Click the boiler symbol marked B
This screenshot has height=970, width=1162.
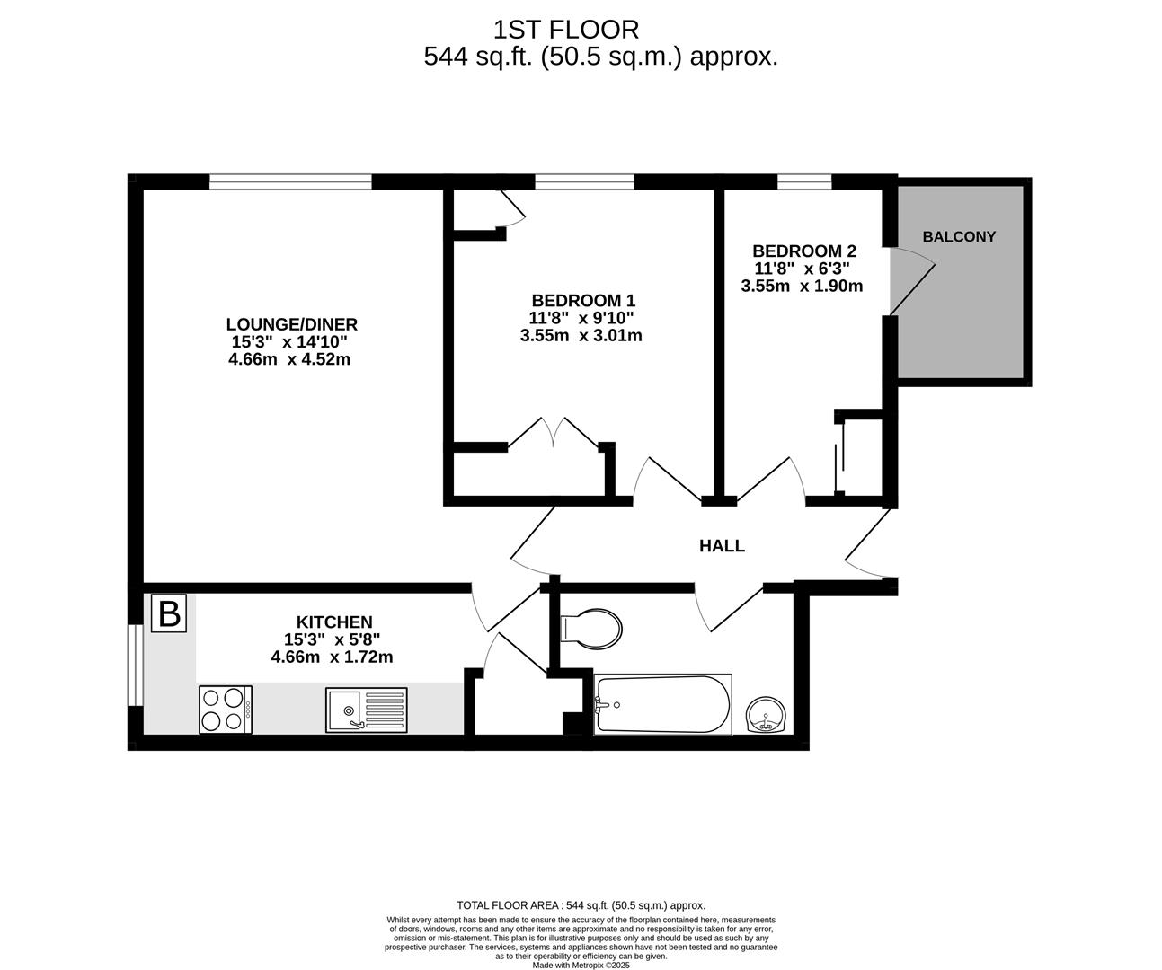tap(169, 614)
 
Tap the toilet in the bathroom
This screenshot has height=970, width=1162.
tap(590, 629)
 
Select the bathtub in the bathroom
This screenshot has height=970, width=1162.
tap(662, 704)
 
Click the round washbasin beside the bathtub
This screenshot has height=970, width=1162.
tap(766, 714)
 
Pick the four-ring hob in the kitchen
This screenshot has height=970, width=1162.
tap(226, 710)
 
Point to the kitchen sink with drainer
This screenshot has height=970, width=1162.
tap(366, 710)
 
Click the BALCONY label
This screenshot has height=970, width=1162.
tap(959, 236)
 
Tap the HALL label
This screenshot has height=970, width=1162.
tap(722, 546)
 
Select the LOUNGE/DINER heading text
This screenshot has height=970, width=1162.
tap(291, 323)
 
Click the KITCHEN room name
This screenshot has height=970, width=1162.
tap(334, 622)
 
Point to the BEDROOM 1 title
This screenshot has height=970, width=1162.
tap(583, 300)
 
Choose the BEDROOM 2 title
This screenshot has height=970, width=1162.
tap(804, 251)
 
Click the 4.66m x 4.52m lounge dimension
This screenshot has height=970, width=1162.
tap(289, 358)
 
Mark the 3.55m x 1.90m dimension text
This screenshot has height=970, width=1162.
tap(802, 286)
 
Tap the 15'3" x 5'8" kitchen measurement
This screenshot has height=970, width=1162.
tap(333, 639)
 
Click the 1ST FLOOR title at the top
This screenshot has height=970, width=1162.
tap(566, 30)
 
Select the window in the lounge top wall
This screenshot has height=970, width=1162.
tap(290, 181)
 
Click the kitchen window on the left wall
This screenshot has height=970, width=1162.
tap(136, 665)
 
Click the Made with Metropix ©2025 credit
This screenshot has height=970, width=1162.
tap(581, 965)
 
